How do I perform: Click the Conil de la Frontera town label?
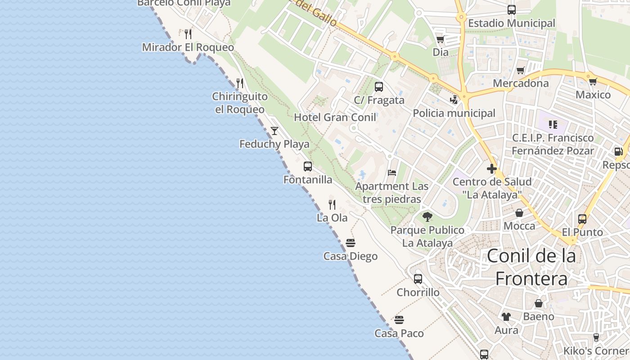tap(531, 267)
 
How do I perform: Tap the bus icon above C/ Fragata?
tap(379, 87)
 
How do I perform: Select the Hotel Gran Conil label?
tap(335, 117)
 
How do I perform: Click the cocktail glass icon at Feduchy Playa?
tap(274, 131)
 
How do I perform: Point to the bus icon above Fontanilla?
tap(308, 166)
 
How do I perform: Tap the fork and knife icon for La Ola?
tap(332, 205)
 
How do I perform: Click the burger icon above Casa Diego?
tap(351, 243)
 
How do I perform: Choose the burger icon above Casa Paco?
tap(399, 320)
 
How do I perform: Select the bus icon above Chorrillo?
tap(418, 279)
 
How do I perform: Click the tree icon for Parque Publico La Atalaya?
tap(427, 217)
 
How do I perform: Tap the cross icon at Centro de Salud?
tap(491, 169)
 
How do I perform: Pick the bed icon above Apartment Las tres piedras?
tap(392, 173)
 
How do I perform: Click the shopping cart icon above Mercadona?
tap(521, 70)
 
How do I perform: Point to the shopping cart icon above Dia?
tap(440, 40)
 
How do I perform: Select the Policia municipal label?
tap(454, 113)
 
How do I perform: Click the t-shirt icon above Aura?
tap(506, 317)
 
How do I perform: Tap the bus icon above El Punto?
tap(582, 219)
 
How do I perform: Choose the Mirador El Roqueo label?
tap(188, 47)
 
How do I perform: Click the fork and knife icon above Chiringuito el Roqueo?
tap(240, 83)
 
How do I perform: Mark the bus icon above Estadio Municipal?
tap(512, 10)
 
